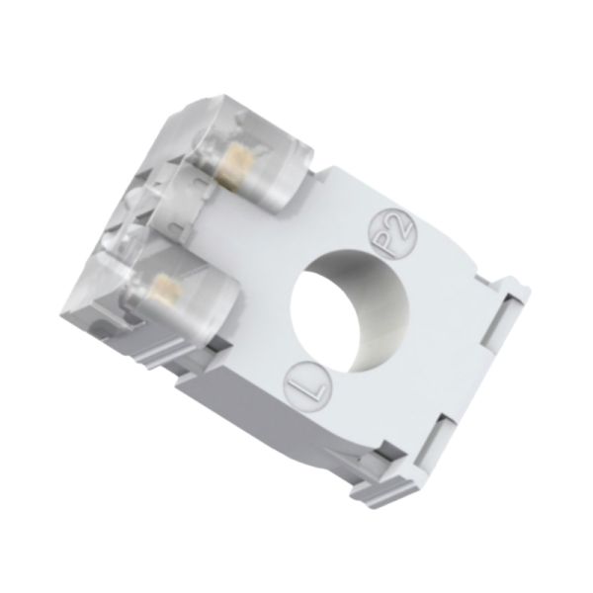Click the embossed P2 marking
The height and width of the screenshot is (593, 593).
(392, 234)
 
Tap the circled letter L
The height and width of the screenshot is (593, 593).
(307, 385)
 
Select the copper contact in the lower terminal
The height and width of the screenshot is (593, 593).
(168, 289)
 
